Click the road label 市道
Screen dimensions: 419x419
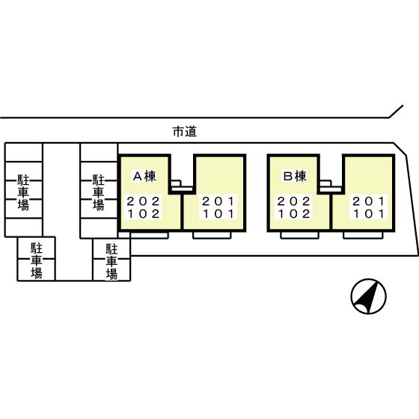pos(185,132)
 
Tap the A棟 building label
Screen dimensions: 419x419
pos(144,176)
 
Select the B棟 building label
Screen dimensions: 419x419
pos(295,176)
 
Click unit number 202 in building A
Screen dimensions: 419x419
pos(143,201)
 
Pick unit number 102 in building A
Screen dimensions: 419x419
pos(143,214)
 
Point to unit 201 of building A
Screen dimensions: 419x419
pos(218,201)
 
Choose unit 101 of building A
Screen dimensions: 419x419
pos(218,214)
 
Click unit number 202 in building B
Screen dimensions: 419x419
pos(293,201)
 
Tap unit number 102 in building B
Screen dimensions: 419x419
pos(293,214)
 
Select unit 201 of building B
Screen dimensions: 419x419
pos(369,201)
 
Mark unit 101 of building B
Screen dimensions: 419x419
pos(369,214)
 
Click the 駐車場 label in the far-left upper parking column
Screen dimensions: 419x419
pos(23,193)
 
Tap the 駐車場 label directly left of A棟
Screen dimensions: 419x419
pos(98,193)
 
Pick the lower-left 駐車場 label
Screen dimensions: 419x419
pos(37,261)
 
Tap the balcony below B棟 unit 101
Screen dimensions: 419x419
pos(363,235)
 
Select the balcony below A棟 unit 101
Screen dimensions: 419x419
pos(212,235)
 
